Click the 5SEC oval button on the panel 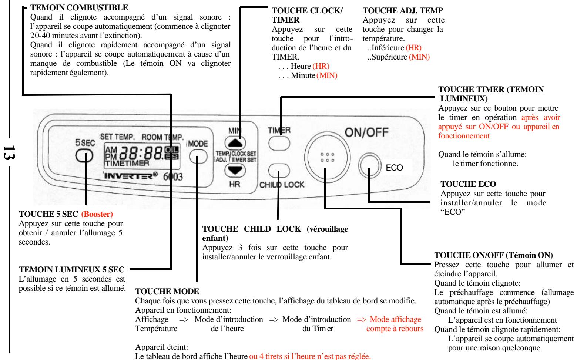click(x=85, y=156)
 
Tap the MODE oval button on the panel click(x=198, y=158)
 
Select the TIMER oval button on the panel click(x=279, y=143)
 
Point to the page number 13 click(x=5, y=152)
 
